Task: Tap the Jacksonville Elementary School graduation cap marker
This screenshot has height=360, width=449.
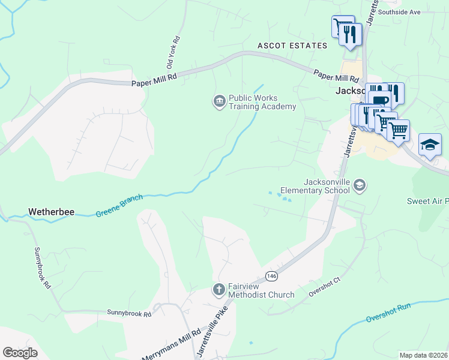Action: pos(359,185)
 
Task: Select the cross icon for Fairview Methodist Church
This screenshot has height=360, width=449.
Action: pos(219,290)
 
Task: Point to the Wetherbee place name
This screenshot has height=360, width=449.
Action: pos(51,212)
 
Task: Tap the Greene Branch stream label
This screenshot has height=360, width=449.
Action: pos(119,205)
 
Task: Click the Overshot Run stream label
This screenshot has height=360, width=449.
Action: pos(388,311)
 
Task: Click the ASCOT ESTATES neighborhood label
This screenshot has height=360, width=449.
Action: pos(292,46)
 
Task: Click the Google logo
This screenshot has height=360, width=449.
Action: pos(19,353)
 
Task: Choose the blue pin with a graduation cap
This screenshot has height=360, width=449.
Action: pos(430,145)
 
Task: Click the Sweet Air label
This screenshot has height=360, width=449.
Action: pos(427,201)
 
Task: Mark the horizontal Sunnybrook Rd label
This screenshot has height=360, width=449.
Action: pos(129,313)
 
